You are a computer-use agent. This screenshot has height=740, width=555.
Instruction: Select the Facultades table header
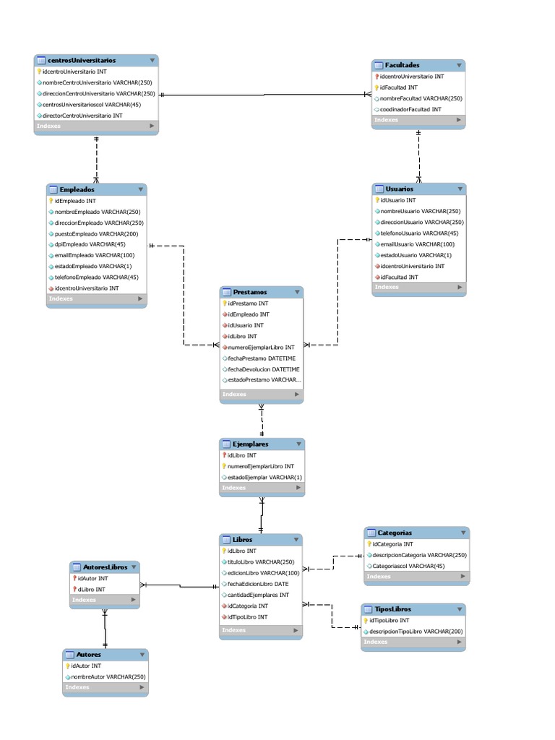[x=402, y=65]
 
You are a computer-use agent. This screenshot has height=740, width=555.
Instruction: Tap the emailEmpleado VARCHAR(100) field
[x=95, y=255]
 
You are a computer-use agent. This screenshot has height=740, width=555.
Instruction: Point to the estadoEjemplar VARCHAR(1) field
[x=265, y=478]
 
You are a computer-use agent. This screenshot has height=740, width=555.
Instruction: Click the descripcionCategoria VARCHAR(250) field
[x=419, y=555]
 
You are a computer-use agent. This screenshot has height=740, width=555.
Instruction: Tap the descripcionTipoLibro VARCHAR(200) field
[x=416, y=632]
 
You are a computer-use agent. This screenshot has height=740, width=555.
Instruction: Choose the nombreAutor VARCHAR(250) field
[x=108, y=677]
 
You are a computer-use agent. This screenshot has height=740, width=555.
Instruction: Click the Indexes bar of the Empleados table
[x=97, y=298]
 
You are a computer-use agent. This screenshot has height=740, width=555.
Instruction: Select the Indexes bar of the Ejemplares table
[x=262, y=488]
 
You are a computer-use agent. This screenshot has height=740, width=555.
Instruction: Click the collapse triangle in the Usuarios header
[x=460, y=189]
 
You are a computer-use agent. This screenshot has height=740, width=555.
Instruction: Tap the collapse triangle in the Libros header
[x=296, y=540]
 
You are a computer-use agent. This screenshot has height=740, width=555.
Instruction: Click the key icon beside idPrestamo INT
[x=225, y=304]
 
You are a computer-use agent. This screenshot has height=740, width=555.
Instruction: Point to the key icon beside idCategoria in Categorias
[x=369, y=544]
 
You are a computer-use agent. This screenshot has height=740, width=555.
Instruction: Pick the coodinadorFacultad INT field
[x=410, y=109]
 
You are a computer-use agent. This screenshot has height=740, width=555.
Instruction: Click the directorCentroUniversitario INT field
[x=82, y=116]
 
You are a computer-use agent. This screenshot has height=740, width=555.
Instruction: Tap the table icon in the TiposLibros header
[x=368, y=610]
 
